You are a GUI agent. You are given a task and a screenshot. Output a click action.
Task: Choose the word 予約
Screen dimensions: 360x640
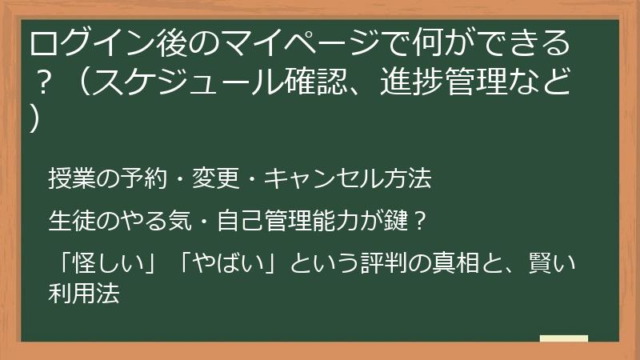pyautogui.click(x=126, y=180)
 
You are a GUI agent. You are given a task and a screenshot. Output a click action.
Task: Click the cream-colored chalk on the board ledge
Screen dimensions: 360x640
pyautogui.click(x=564, y=338)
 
